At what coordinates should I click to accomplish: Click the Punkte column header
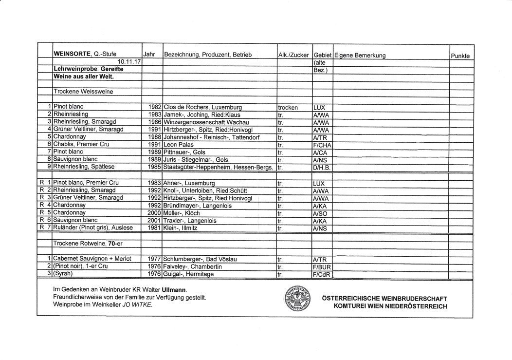(460, 56)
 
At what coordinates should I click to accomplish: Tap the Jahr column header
(149, 56)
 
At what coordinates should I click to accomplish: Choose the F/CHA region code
(323, 145)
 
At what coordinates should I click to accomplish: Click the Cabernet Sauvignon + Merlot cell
(92, 259)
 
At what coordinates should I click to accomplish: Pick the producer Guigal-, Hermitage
(189, 274)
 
